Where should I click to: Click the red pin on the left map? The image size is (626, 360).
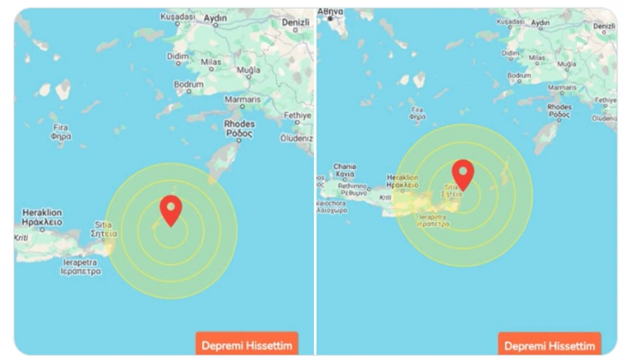tap(172, 208)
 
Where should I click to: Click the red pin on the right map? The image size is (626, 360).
tap(463, 173)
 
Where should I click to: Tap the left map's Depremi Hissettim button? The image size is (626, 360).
tap(247, 345)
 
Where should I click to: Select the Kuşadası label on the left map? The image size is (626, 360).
tap(182, 16)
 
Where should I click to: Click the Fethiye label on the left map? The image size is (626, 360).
tap(296, 115)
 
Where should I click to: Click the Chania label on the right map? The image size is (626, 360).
tap(345, 166)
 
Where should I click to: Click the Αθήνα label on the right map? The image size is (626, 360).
tap(330, 12)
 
